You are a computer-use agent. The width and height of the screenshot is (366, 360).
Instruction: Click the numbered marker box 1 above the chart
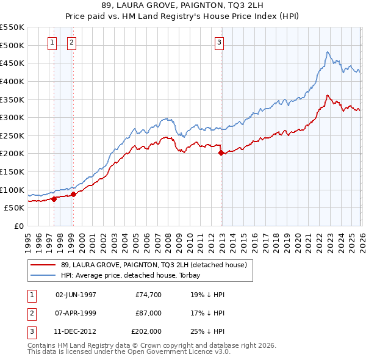tap(52, 42)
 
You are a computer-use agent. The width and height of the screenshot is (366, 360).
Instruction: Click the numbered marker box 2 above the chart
tap(72, 42)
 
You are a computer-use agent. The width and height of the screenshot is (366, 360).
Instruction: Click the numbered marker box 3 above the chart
tap(219, 42)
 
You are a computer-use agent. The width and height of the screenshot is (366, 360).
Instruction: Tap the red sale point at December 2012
tap(221, 153)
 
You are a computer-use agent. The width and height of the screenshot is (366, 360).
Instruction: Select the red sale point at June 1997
tap(54, 198)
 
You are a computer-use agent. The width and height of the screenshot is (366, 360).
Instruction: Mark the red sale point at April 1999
tap(73, 194)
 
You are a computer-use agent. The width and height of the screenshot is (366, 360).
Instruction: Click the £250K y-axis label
tap(12, 135)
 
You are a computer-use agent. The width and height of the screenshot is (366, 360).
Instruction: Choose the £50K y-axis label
tap(15, 207)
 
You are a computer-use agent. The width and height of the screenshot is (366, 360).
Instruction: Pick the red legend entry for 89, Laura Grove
tap(153, 265)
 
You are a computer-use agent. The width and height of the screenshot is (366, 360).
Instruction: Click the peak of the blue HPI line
tap(328, 52)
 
